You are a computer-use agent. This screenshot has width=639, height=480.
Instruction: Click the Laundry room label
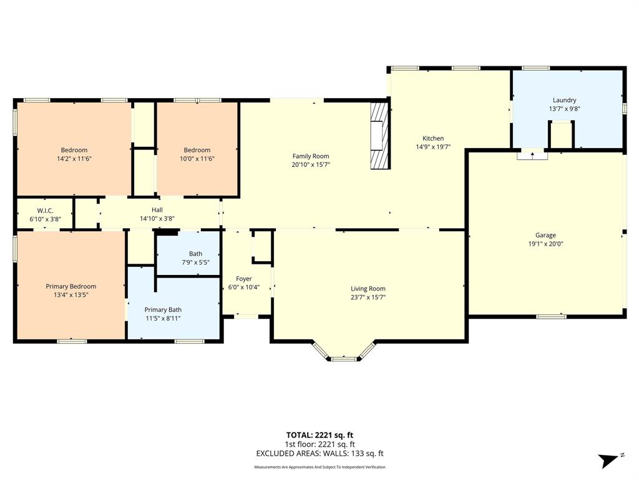click(x=564, y=100)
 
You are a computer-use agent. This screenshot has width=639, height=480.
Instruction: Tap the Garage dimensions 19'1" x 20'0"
click(x=545, y=244)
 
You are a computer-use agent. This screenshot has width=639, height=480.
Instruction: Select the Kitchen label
click(x=433, y=138)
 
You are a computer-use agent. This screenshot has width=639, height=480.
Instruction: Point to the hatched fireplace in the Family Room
click(x=379, y=136)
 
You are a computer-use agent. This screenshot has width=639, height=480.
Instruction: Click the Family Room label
click(x=311, y=156)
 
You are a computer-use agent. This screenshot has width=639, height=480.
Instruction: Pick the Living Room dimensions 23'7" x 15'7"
click(x=368, y=297)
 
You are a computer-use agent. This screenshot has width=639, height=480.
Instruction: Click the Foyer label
click(x=243, y=279)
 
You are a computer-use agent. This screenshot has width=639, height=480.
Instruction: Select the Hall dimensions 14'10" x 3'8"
click(x=157, y=219)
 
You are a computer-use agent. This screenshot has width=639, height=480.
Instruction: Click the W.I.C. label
click(x=45, y=210)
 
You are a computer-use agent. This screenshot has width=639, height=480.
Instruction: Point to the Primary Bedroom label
click(x=71, y=286)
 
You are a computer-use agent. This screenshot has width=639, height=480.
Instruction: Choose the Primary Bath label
click(x=163, y=309)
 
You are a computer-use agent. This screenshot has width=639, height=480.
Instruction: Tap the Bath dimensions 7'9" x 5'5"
click(x=195, y=262)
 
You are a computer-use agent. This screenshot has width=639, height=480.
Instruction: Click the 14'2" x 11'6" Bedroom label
click(x=74, y=150)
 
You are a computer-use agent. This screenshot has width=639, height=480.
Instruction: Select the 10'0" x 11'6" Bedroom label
click(x=197, y=150)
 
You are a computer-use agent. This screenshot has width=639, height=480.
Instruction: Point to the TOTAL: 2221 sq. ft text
click(x=319, y=435)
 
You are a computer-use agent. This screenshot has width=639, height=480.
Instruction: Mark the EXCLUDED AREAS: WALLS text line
click(x=319, y=454)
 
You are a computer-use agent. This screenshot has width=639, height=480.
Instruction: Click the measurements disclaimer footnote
click(x=319, y=467)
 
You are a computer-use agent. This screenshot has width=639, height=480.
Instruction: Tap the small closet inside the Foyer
click(x=262, y=246)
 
